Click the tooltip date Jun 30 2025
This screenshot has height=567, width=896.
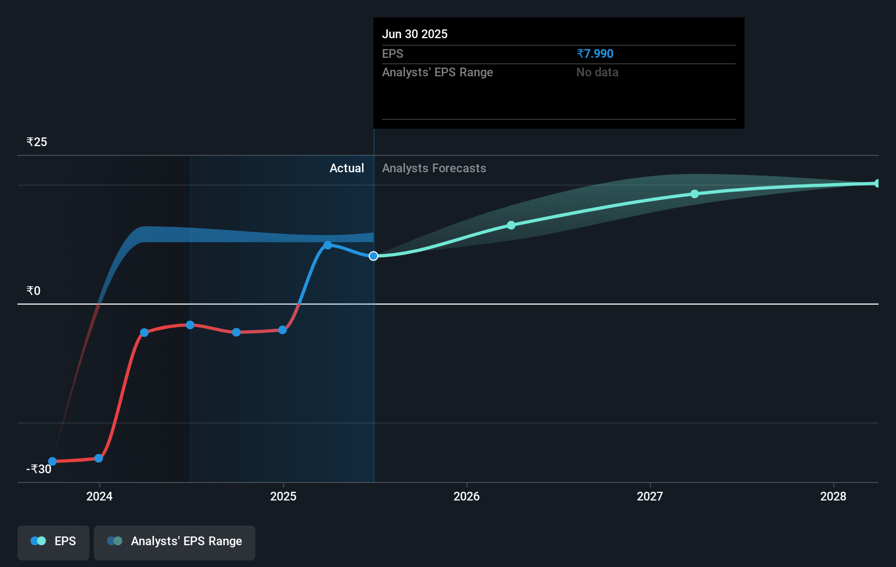point(414,34)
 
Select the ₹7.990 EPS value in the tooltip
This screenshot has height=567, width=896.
point(595,53)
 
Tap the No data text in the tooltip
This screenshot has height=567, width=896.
point(597,72)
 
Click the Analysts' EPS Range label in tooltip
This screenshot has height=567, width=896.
point(437,72)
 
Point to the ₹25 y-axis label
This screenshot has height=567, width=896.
point(37,142)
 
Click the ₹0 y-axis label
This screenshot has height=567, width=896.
point(33,291)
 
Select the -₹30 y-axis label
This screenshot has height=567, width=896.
point(39,469)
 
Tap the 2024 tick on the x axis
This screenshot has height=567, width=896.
point(99,496)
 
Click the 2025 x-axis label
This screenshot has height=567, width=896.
point(283,496)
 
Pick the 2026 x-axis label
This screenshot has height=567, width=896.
point(467,496)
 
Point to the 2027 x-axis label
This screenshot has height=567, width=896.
point(650,496)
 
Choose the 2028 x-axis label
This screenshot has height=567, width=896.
point(833,496)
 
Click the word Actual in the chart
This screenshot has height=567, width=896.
point(347,168)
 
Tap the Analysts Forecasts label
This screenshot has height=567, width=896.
point(434,168)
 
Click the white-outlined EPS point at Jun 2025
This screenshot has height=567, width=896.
point(373,256)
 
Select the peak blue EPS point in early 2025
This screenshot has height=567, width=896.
point(327,245)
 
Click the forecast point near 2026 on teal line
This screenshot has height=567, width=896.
point(511,225)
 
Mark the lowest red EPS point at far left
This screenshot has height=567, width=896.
point(52,461)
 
